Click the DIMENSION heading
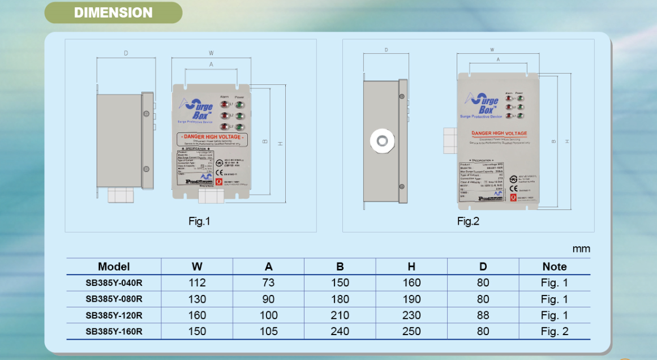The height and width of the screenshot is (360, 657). pos(113,12)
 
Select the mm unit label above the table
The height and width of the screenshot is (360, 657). pos(581,248)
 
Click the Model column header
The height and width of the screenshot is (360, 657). pos(114,267)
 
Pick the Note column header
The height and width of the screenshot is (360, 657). pos(554,267)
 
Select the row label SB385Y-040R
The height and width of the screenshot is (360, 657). pos(114,283)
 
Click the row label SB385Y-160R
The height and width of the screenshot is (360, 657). pos(114,332)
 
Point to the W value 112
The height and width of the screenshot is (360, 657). pos(197,283)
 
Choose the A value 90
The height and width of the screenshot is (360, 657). pos(269,299)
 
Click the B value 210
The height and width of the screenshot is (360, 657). pos(340,315)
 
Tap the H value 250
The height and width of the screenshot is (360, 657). pos(411,332)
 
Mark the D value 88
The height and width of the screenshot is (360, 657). pos(483,315)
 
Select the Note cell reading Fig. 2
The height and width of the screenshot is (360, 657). pos(554,332)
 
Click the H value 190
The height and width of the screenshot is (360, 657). pos(411,299)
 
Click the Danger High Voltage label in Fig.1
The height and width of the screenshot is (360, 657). pos(212,137)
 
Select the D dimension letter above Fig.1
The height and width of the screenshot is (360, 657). pos(126,53)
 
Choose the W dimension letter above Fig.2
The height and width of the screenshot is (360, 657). pos(492,50)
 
